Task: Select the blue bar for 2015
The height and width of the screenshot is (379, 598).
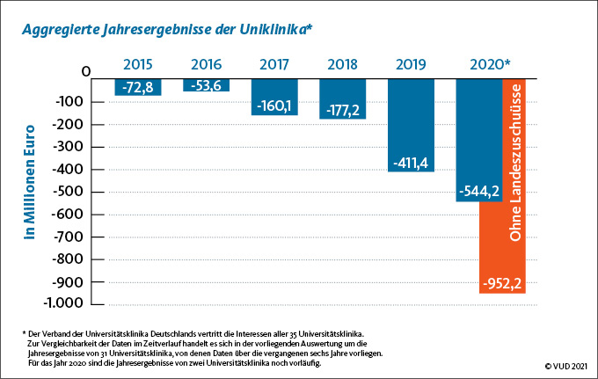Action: pos(138,87)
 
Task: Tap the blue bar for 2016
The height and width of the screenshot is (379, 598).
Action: pos(206,84)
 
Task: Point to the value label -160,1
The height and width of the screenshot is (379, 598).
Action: pos(274,106)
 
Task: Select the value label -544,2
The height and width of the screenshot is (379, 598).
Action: pos(478,193)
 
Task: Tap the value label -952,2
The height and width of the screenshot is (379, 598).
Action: pos(503,284)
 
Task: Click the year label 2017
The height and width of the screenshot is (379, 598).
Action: pos(274,64)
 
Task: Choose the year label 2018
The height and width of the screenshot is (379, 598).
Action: pos(343,64)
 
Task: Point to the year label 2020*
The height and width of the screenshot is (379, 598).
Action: pos(491,64)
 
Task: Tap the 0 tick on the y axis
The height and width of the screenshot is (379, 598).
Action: pos(86,71)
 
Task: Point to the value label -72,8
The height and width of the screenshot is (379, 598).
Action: pos(138,88)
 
